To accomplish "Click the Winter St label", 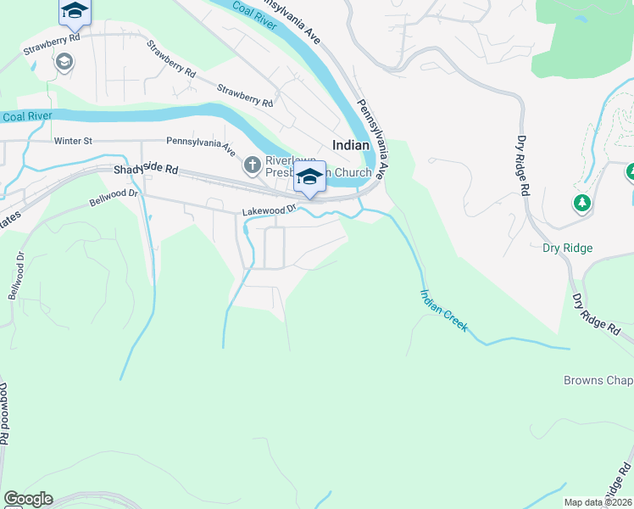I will pos(72,141).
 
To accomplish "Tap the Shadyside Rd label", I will pos(146,171).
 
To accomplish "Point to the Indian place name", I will pos(351,145).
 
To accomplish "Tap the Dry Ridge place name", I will pos(567,249).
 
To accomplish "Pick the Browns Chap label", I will pos(598,380).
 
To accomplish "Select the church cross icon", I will pos(252,165).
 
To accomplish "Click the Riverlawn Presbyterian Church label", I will pos(319,166).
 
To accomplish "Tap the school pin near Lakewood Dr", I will pos(309,178).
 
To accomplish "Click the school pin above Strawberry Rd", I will pos(75,11).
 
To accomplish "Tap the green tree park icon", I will pos(581,203).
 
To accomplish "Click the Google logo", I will pos(28,499).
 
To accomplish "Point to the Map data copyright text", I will pos(598,502).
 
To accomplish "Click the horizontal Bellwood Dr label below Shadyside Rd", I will pos(114,197).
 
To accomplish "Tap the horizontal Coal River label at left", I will pos(27,116).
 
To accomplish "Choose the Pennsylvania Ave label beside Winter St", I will pos(202,146).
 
